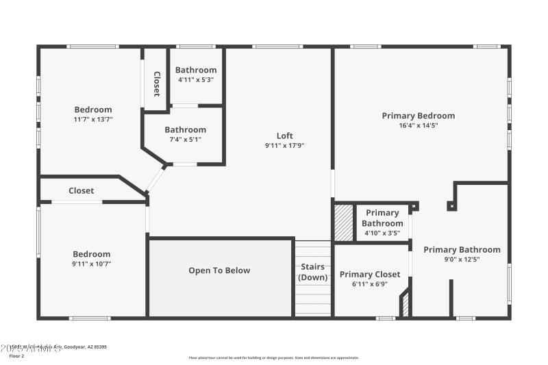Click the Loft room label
pos(284,135)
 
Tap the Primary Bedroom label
pos(418,116)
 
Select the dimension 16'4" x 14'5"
pos(418,126)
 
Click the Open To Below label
pos(219,270)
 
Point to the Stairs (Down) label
pos(312,272)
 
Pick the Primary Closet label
pos(370,275)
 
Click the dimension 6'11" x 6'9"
pos(370,284)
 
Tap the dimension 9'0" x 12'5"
pos(462,260)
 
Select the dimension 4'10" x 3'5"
pos(382,234)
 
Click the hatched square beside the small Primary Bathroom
pos(343,223)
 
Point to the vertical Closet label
pos(156,84)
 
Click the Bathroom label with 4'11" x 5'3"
pos(196,70)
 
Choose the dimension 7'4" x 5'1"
pos(185,140)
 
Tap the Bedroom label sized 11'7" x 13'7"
pos(93,110)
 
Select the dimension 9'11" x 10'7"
pos(92,264)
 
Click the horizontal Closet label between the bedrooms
pos(82,191)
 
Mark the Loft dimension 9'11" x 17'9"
pos(284,145)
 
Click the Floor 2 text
pos(16,356)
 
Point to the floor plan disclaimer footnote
pos(273,357)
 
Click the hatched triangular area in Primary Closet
pos(406,305)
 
